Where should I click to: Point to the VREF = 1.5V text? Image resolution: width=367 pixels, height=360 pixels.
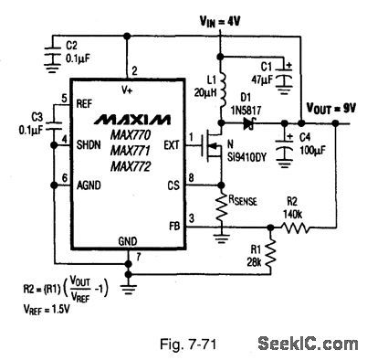click(x=45, y=310)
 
